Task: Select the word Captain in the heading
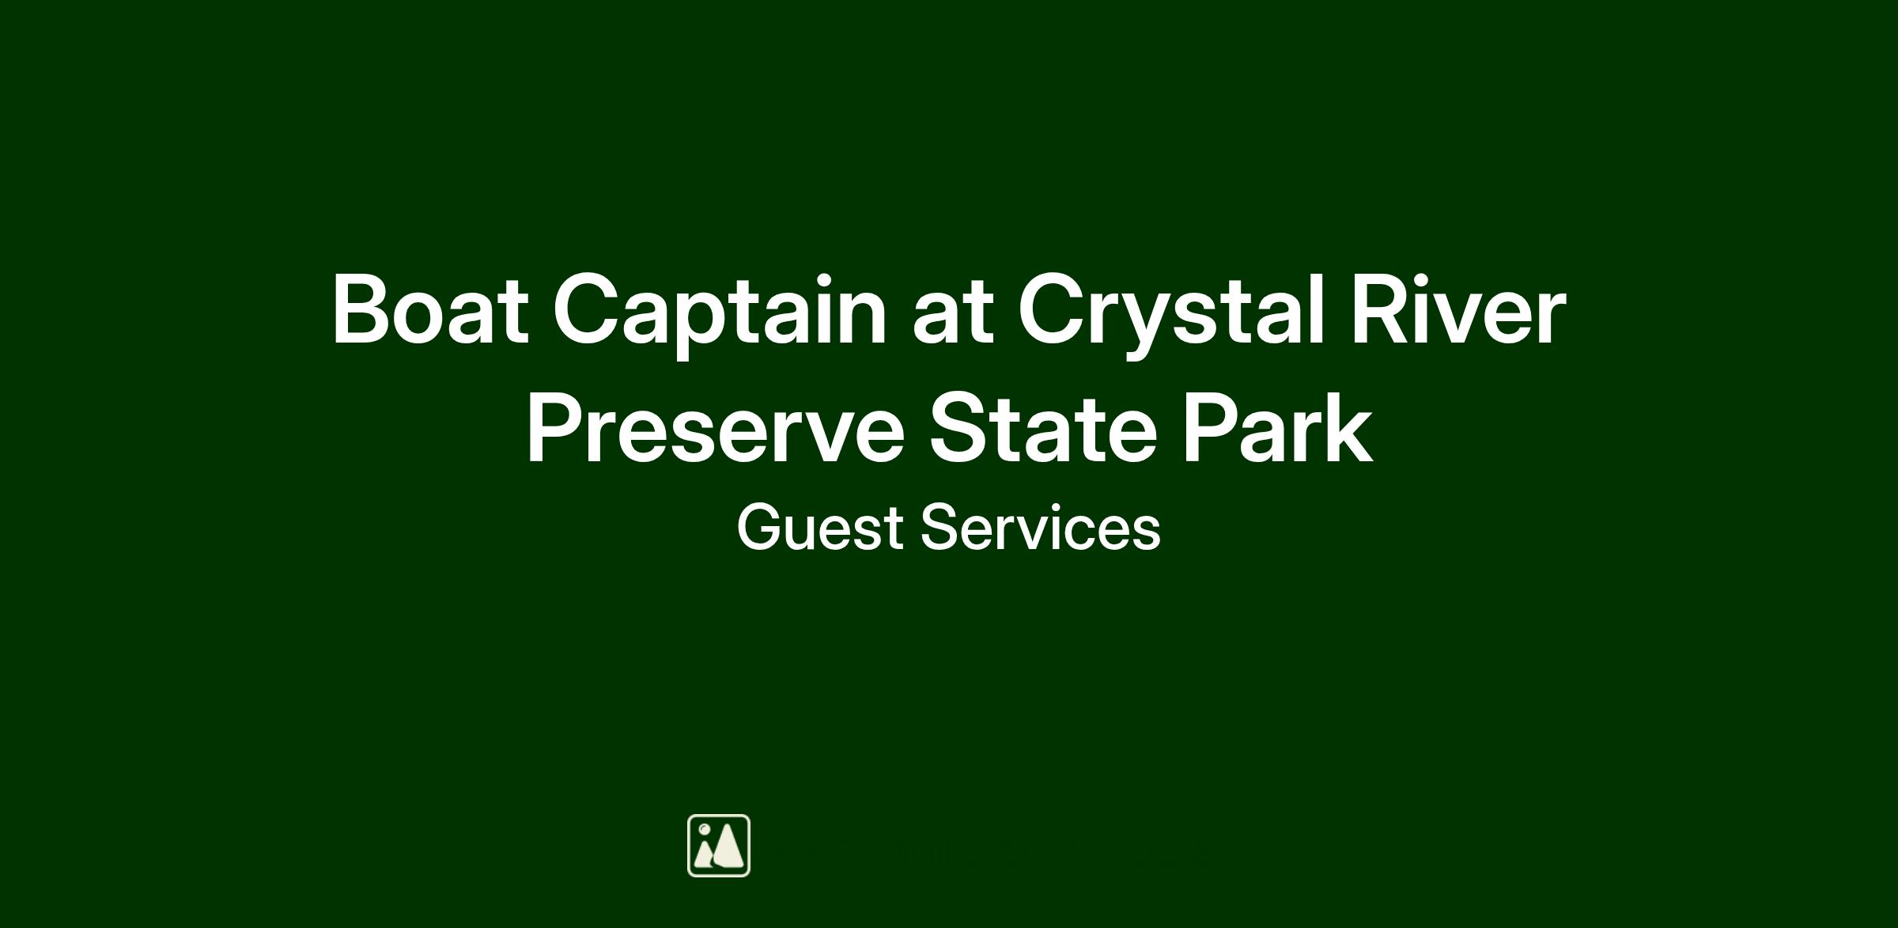tap(719, 314)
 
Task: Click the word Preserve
tap(715, 430)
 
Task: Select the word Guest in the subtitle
tap(820, 527)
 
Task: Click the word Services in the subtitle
tap(1041, 527)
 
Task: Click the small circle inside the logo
tap(704, 828)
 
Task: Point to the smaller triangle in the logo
tap(703, 854)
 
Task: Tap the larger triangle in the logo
tap(728, 846)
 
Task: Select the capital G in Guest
tap(760, 527)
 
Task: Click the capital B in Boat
tap(363, 309)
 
